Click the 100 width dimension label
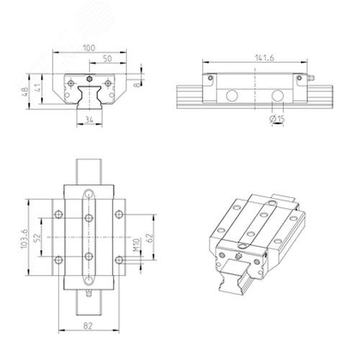[x=89, y=48]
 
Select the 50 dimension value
[x=107, y=58]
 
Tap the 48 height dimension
[x=25, y=91]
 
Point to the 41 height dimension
[x=38, y=88]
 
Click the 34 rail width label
[x=89, y=120]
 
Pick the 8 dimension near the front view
[x=136, y=85]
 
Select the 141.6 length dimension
[x=264, y=58]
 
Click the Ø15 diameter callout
[x=277, y=119]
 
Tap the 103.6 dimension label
[x=24, y=238]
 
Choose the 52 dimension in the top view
[x=38, y=238]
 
